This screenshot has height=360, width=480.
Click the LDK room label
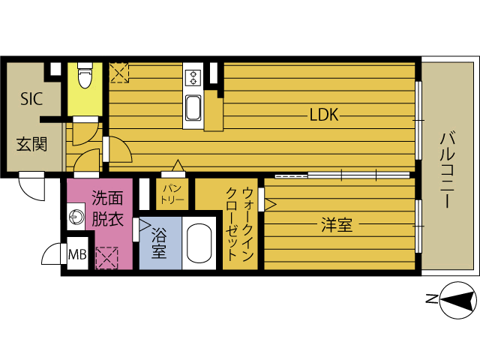tap(324, 115)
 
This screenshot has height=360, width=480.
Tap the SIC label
tap(31, 99)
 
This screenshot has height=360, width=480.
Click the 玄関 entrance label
tap(31, 144)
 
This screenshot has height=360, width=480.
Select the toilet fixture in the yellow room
tap(85, 75)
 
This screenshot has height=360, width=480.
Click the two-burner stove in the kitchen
tap(193, 77)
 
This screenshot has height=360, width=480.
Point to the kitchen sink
tap(193, 108)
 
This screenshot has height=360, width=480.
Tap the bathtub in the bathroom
tap(199, 243)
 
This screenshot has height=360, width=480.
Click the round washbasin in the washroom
tap(76, 217)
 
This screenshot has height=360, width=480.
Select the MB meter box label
tap(77, 254)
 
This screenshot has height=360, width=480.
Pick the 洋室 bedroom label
tap(337, 225)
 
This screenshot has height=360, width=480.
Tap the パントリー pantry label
tap(172, 194)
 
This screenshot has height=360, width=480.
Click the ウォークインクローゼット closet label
tap(240, 225)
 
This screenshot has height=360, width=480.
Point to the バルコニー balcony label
tap(447, 169)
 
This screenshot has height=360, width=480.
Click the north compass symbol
tap(458, 300)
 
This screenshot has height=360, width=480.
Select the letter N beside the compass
tap(432, 298)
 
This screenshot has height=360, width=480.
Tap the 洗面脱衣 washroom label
tap(107, 208)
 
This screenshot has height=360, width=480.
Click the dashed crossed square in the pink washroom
tap(106, 258)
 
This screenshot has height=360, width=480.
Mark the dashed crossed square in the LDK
tap(119, 73)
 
